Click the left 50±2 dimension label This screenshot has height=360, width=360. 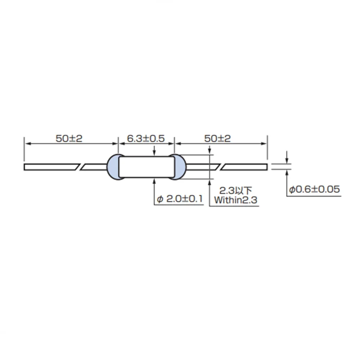coord(69,139)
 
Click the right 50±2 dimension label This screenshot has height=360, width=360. coord(217,139)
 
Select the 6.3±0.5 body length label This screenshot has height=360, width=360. coord(146,139)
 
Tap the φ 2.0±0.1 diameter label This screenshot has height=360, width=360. coord(180,199)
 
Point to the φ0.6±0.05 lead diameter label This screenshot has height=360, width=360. coord(314,189)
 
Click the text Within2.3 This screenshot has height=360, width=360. coord(235,200)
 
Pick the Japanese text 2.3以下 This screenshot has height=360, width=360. coord(235,190)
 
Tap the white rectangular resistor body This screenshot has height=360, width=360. coord(147,167)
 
